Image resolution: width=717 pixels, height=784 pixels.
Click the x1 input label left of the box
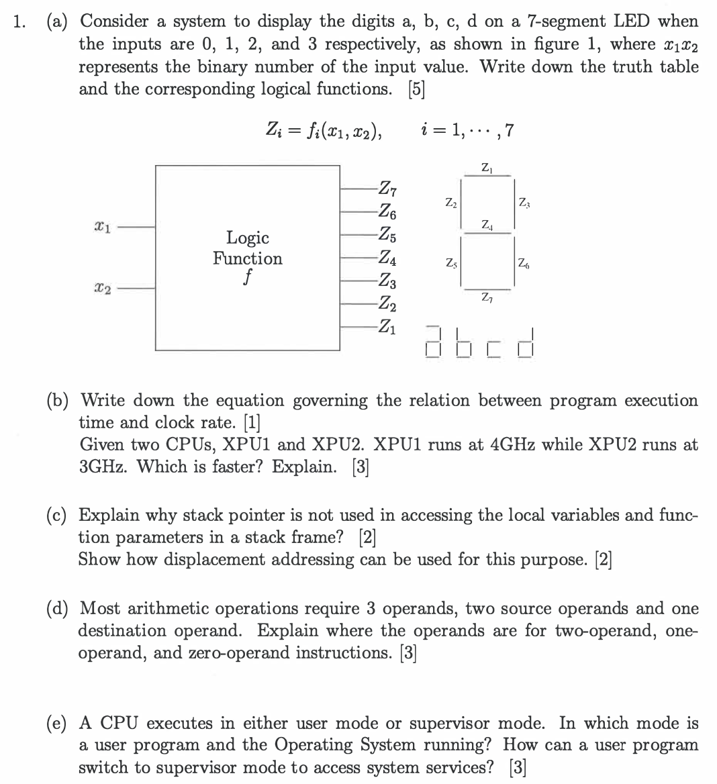[x=104, y=228]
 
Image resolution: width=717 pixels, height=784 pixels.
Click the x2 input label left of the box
[x=104, y=289]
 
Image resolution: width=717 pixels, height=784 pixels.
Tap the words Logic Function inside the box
[x=248, y=248]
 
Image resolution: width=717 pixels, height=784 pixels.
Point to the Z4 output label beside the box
[x=387, y=258]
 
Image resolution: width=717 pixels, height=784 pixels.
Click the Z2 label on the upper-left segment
[x=450, y=201]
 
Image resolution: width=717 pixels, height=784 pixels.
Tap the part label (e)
[x=60, y=724]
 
